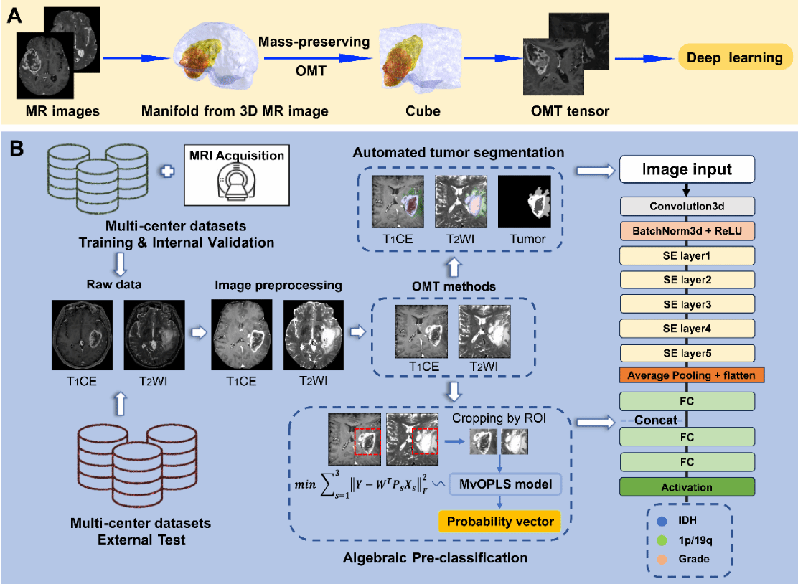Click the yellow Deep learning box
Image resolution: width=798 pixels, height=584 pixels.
[734, 58]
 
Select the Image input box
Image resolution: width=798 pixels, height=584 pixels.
[687, 170]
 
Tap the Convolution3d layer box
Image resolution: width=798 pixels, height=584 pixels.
[687, 207]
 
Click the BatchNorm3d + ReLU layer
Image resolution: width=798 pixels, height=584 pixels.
[687, 232]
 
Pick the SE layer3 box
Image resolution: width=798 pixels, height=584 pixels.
[687, 304]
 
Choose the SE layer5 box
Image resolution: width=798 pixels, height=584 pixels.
[687, 353]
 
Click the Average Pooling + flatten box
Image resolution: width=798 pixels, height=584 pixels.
[687, 375]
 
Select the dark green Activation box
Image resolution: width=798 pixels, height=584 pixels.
[687, 487]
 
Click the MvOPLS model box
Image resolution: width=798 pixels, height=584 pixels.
[505, 484]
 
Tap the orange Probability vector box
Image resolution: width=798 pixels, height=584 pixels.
[499, 521]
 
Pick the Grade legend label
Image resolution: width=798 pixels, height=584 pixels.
[695, 557]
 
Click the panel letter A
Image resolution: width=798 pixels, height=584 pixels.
[14, 15]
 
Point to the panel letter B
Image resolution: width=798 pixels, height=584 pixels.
[17, 149]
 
